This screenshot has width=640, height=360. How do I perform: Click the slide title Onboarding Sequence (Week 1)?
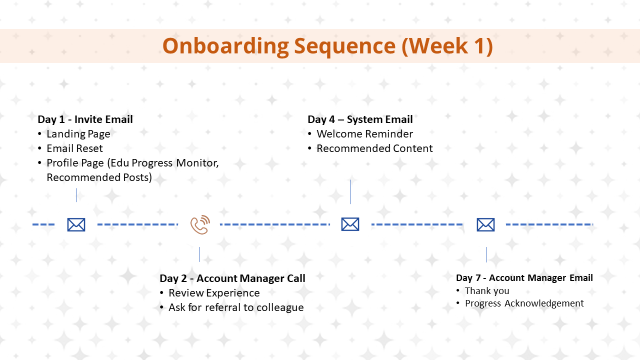[327, 46]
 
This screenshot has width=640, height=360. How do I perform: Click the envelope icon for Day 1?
[76, 224]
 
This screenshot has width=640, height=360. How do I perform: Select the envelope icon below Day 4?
[350, 224]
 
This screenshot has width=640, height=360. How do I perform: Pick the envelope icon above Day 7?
[485, 224]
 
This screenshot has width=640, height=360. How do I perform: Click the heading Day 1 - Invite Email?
[85, 119]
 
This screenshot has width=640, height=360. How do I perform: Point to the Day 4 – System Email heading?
[360, 119]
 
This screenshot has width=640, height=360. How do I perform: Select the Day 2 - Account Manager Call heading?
[232, 278]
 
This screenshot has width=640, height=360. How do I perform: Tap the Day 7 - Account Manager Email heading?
[524, 277]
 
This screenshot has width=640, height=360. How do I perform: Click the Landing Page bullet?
[78, 134]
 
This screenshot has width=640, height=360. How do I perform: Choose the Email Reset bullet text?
[74, 148]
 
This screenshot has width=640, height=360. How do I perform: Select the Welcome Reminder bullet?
[364, 134]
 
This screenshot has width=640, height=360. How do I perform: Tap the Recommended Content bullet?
[374, 148]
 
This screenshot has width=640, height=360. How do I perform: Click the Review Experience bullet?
[214, 293]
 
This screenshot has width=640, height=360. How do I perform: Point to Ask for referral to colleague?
[236, 307]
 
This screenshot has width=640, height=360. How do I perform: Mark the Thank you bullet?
[487, 291]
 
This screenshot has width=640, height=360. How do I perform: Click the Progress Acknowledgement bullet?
[524, 303]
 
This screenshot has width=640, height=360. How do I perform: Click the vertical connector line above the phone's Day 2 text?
[199, 254]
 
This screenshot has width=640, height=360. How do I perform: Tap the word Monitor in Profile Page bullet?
[197, 163]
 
